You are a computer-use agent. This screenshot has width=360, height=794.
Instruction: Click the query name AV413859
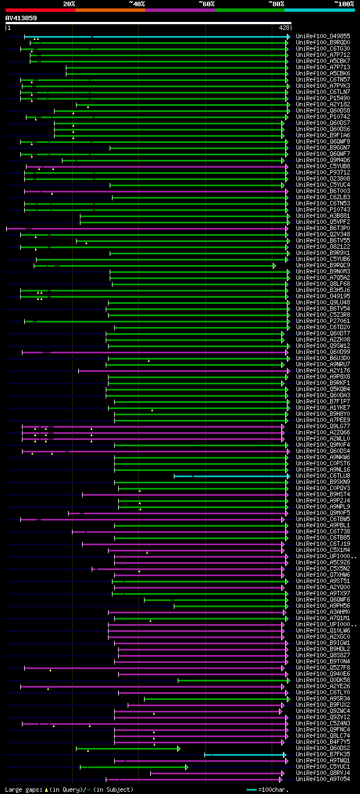pos(21,18)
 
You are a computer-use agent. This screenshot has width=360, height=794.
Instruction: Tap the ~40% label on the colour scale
pos(137,3)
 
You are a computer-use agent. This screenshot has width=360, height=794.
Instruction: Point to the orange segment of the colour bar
pos(110,10)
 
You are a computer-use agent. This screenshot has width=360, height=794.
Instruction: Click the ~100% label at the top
pos(344,3)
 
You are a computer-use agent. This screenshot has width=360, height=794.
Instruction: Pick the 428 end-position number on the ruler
pos(284,27)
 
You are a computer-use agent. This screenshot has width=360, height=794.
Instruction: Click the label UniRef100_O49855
pos(323,36)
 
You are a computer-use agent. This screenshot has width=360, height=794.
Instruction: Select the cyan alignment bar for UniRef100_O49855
pos(169,36)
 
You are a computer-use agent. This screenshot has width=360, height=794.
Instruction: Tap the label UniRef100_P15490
pos(323,98)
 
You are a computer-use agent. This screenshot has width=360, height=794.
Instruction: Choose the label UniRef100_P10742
pos(323,116)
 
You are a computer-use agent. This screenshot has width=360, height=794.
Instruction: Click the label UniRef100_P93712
pos(323,172)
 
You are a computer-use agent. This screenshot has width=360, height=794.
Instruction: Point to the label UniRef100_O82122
pos(323,246)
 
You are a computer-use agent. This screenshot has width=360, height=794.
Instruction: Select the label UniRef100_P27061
pos(323,321)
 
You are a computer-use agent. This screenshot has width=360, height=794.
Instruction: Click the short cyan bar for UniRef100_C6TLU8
pos(231,475)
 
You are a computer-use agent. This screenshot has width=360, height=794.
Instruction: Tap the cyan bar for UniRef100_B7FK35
pos(245,754)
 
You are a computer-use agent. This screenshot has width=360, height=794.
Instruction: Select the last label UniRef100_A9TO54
pos(323,779)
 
